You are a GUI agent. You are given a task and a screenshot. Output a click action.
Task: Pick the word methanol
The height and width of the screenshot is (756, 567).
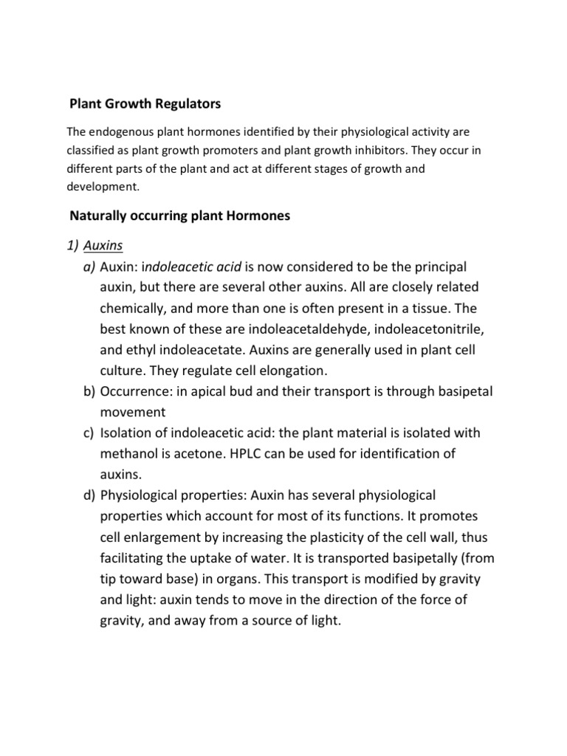point(129,453)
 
